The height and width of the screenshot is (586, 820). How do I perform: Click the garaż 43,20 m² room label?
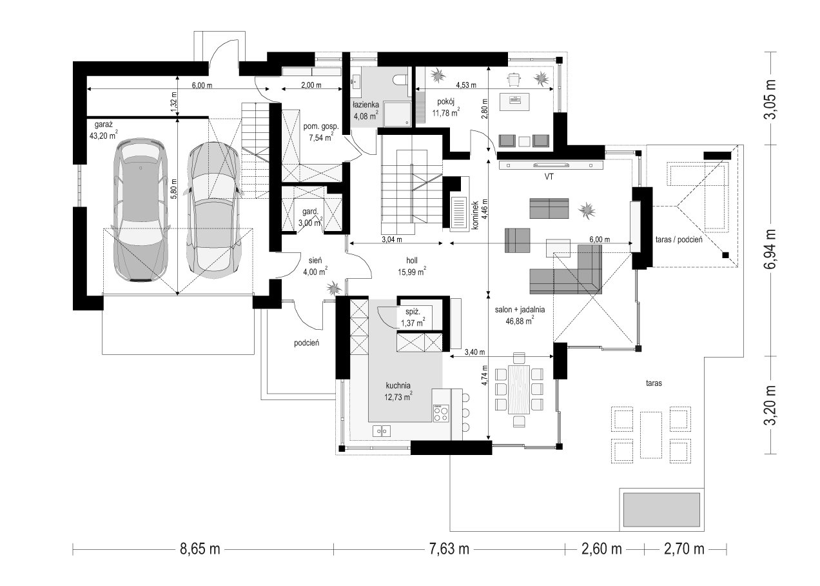(103, 130)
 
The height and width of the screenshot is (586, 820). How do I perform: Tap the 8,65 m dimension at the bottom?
(200, 549)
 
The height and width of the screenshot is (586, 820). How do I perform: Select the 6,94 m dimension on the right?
(770, 250)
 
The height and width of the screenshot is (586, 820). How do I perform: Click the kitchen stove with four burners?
(441, 413)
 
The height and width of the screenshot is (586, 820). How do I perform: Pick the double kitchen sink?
(382, 431)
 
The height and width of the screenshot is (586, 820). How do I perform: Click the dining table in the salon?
(519, 389)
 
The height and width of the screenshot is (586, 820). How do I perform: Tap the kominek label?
(475, 215)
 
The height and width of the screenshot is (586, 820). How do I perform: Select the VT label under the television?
(549, 177)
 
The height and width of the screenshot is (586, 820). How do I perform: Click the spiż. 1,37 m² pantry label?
(413, 318)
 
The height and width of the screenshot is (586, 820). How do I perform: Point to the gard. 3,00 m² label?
(311, 217)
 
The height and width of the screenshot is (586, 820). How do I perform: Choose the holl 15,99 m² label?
(412, 266)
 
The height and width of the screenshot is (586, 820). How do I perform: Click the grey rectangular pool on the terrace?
(661, 510)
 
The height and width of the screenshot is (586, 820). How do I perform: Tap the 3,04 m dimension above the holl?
(392, 239)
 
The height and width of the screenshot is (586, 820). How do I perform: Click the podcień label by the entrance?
(306, 343)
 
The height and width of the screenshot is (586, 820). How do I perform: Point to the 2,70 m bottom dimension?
(684, 549)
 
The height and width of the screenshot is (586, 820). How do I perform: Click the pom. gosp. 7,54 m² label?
(321, 132)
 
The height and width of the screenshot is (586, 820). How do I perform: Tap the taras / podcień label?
(679, 239)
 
